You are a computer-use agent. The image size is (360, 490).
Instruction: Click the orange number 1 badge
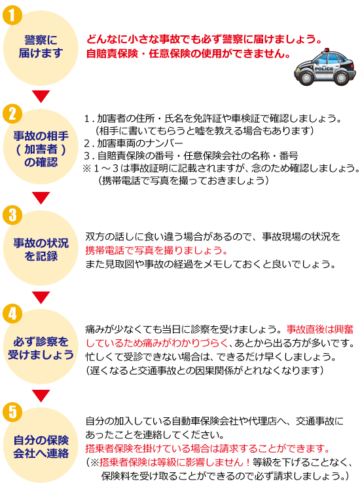pos(12,14)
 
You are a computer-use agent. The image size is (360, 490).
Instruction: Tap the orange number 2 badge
pos(12,114)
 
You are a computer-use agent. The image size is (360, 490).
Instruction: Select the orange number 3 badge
pos(12,215)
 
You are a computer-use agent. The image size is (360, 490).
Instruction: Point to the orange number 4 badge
pos(12,313)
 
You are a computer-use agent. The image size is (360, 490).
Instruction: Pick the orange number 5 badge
pos(12,412)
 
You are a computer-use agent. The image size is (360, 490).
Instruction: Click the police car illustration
pos(325,67)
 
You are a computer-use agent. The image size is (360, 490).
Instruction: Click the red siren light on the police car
pos(327,50)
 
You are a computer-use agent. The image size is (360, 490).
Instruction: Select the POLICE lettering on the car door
pos(324,68)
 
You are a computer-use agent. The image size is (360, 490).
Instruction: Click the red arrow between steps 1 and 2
pos(41,96)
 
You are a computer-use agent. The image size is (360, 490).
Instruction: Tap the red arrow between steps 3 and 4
pos(41,297)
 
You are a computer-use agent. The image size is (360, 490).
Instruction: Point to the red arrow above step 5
pos(41,396)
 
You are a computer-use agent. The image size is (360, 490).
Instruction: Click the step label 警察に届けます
pos(41,47)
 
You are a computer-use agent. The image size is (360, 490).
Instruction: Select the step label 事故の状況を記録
pos(41,250)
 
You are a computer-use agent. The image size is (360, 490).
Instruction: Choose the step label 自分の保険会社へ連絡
pos(41,446)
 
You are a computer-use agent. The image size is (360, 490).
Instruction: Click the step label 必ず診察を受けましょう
pos(41,348)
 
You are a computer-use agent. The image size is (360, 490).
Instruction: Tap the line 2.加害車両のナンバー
pos(134,143)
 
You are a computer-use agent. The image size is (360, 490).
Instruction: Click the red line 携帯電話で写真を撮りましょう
pos(156,250)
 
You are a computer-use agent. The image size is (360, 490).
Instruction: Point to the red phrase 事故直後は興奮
pos(320,330)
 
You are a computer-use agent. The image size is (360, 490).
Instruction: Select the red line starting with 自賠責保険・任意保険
pos(189,54)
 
